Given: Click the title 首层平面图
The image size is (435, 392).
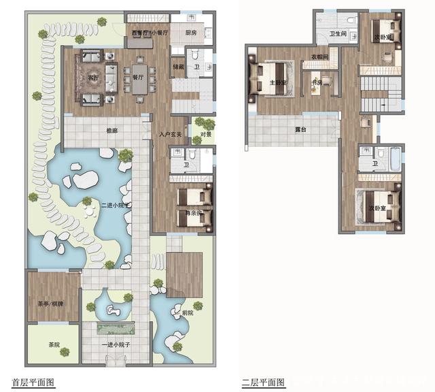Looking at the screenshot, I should pyautogui.click(x=33, y=382).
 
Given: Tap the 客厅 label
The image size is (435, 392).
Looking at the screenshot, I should pyautogui.click(x=93, y=78).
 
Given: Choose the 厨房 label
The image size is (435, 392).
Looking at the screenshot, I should pyautogui.click(x=192, y=32).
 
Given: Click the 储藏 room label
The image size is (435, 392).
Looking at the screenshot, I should pyautogui.click(x=178, y=67).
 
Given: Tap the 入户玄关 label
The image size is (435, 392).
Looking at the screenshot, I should pyautogui.click(x=170, y=134).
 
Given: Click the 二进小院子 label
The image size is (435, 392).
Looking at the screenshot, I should pyautogui.click(x=114, y=205).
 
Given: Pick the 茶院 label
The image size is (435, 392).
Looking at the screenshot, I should pyautogui.click(x=54, y=345).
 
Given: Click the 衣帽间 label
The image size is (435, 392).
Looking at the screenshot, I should pyautogui.click(x=320, y=57).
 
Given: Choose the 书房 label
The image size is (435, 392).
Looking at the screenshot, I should pyautogui.click(x=316, y=83).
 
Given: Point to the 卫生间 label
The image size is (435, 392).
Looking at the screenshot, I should pyautogui.click(x=338, y=33).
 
